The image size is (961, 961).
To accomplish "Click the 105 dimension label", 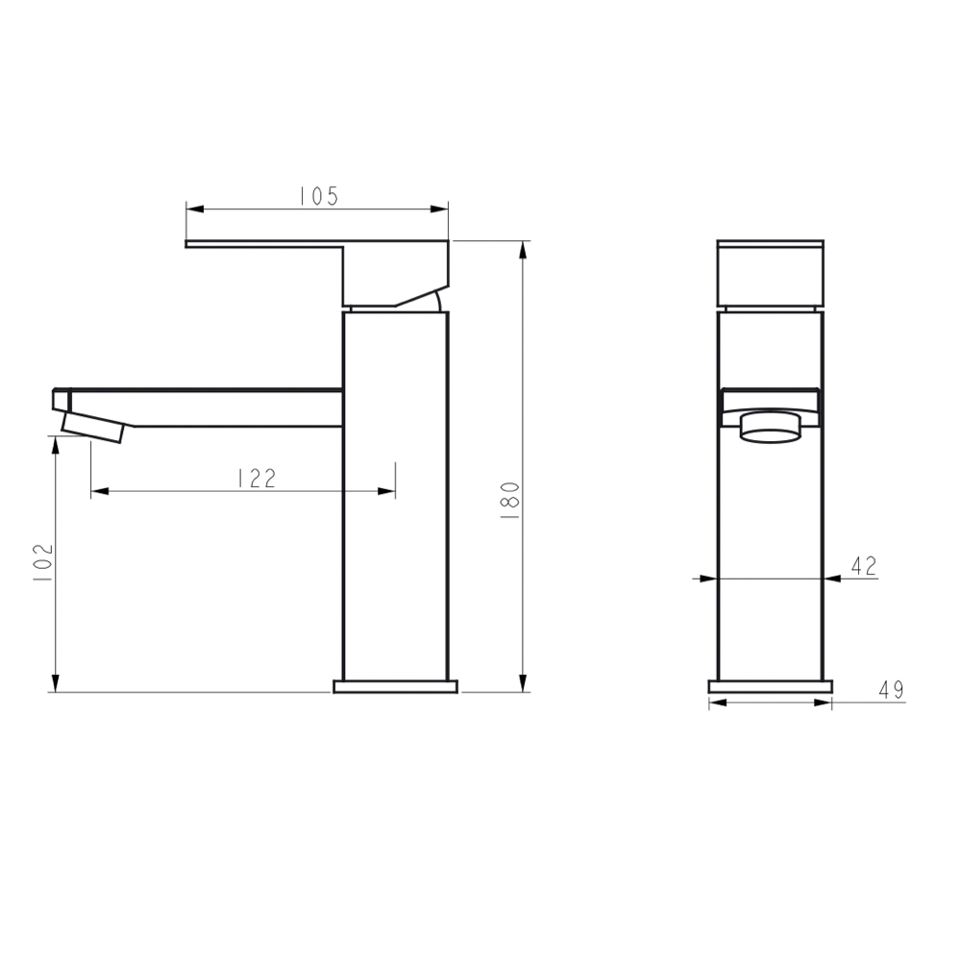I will [318, 196].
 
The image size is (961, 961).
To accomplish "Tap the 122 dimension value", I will [256, 478].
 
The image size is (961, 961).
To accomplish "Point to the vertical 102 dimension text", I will [42, 563].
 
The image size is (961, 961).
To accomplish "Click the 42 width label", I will [864, 566].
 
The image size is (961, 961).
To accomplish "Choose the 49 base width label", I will [890, 690].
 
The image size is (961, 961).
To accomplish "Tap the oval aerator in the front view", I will [771, 427].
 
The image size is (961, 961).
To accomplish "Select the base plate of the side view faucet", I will [396, 686].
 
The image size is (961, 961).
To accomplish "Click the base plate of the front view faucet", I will [771, 686].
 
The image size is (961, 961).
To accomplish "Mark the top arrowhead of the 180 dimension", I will [523, 249].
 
